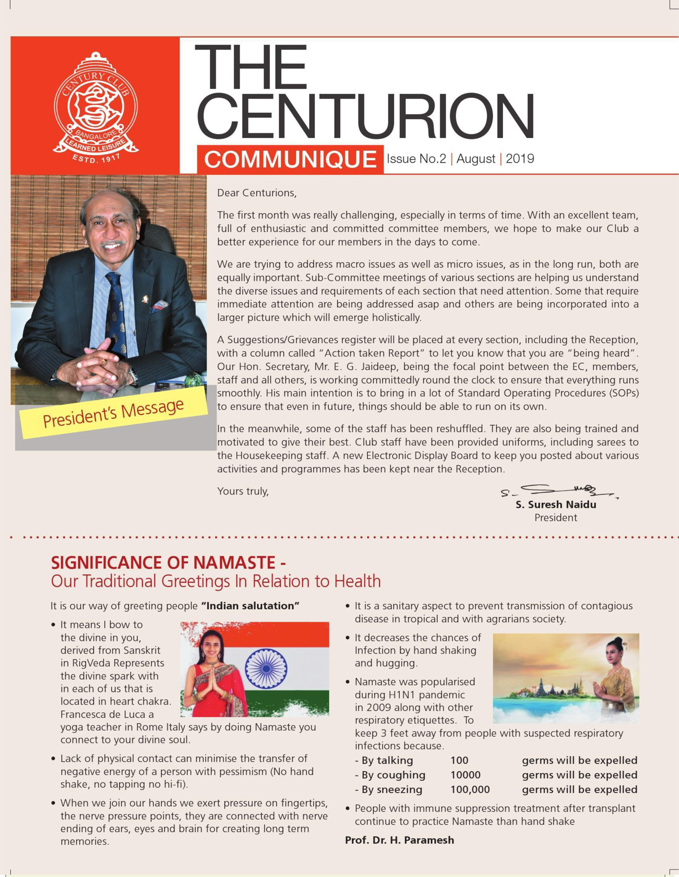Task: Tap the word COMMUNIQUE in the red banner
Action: tap(290, 159)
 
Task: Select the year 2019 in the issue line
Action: tap(520, 159)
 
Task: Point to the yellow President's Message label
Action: tap(113, 413)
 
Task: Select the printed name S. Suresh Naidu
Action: tap(555, 505)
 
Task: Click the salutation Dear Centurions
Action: tap(257, 193)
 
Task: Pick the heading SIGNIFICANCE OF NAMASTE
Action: tap(168, 563)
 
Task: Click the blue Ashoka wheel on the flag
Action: tap(266, 668)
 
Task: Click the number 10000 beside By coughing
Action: tap(465, 775)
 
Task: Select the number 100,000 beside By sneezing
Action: tap(470, 789)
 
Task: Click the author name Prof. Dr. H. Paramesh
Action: tap(399, 840)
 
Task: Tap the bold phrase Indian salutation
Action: tap(250, 606)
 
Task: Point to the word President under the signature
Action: tap(555, 518)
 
